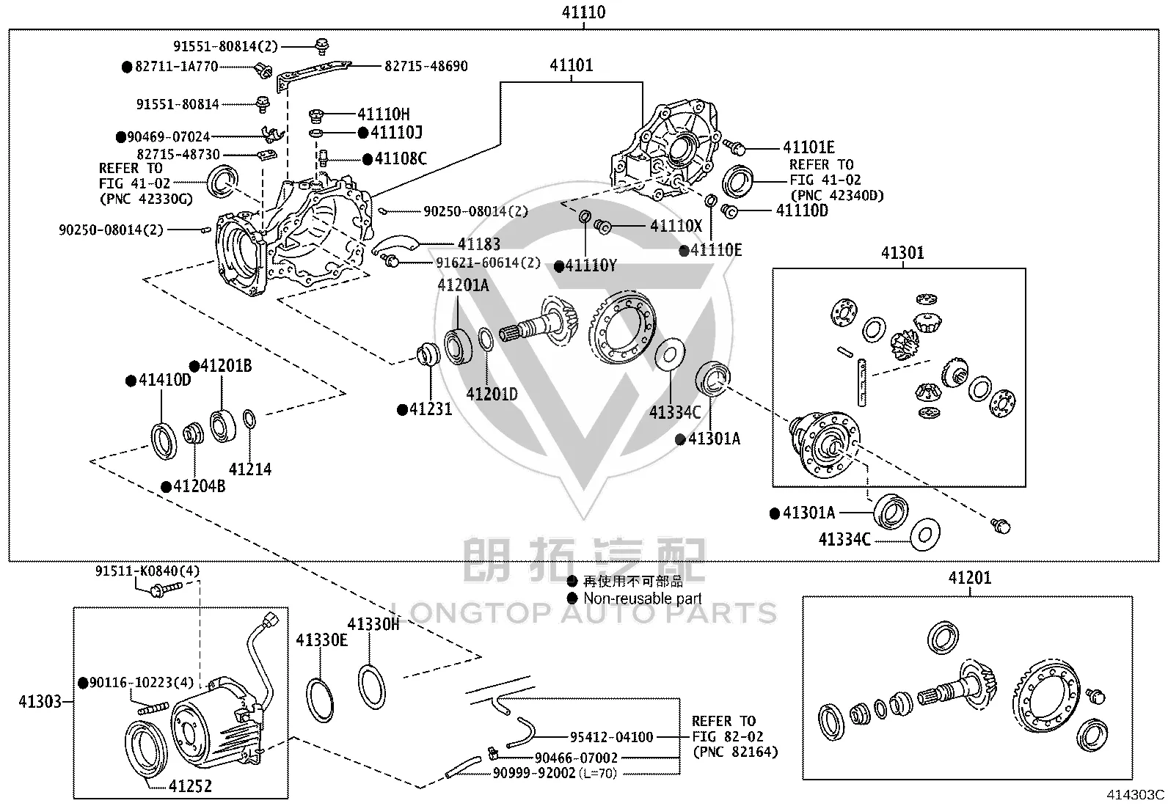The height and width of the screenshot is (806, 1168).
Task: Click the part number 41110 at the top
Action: coord(583,12)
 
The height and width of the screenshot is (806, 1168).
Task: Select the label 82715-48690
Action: coord(426,66)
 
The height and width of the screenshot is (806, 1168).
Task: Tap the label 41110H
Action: coord(384,114)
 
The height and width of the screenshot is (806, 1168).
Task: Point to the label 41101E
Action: coord(809,147)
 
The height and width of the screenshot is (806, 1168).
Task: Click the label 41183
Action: coord(478,244)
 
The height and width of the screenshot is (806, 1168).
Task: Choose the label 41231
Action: coord(431,409)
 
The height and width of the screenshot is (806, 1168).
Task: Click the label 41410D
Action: coord(165,380)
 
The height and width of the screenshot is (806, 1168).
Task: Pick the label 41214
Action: coord(250,469)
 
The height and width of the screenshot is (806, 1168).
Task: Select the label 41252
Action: coord(190,786)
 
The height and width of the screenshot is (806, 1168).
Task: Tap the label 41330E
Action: coord(322,640)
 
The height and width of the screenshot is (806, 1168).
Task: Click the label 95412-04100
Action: coord(611,737)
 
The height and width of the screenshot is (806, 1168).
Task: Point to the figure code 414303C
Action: coord(1135,794)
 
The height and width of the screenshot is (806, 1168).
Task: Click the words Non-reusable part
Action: coord(643,598)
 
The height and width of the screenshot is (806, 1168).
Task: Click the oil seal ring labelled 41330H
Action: coord(372,687)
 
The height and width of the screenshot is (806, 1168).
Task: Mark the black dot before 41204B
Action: coord(167,487)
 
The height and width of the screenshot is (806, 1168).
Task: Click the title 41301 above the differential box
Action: coord(902,253)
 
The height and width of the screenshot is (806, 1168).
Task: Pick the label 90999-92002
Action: coord(534,773)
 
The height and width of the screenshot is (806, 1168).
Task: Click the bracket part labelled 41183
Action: coord(395,243)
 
